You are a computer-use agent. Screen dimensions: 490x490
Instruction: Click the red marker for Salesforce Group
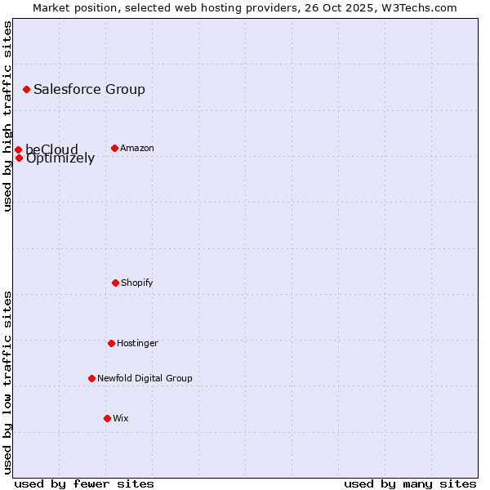pyautogui.click(x=26, y=89)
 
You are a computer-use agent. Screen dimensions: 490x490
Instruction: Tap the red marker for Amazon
pyautogui.click(x=114, y=148)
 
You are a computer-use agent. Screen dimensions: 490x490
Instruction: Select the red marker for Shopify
pyautogui.click(x=115, y=283)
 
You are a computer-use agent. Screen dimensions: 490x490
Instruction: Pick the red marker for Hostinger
pyautogui.click(x=111, y=343)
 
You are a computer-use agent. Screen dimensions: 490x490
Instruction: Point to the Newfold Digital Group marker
pyautogui.click(x=91, y=378)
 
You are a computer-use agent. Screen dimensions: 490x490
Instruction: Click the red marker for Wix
pyautogui.click(x=107, y=418)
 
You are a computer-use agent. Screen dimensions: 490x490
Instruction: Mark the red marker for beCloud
pyautogui.click(x=18, y=149)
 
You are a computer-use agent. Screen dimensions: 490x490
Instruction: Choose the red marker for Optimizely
pyautogui.click(x=19, y=158)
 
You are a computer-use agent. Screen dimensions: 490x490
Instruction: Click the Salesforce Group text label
pyautogui.click(x=89, y=90)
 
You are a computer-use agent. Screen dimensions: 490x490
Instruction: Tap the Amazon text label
pyautogui.click(x=137, y=148)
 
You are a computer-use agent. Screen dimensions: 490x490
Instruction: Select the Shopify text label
pyautogui.click(x=137, y=283)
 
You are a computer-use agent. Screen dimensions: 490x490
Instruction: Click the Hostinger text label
pyautogui.click(x=137, y=343)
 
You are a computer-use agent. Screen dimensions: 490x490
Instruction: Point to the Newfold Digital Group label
pyautogui.click(x=145, y=378)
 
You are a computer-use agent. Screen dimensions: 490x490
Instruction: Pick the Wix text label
pyautogui.click(x=121, y=418)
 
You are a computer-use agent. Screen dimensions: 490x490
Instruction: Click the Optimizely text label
pyautogui.click(x=60, y=159)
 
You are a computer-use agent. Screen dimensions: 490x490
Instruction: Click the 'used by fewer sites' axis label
pyautogui.click(x=83, y=483)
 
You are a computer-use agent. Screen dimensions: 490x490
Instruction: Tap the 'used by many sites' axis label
pyautogui.click(x=410, y=483)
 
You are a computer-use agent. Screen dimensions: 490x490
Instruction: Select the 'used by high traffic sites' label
pyautogui.click(x=7, y=116)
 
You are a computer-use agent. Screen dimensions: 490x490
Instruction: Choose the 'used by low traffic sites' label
pyautogui.click(x=7, y=382)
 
